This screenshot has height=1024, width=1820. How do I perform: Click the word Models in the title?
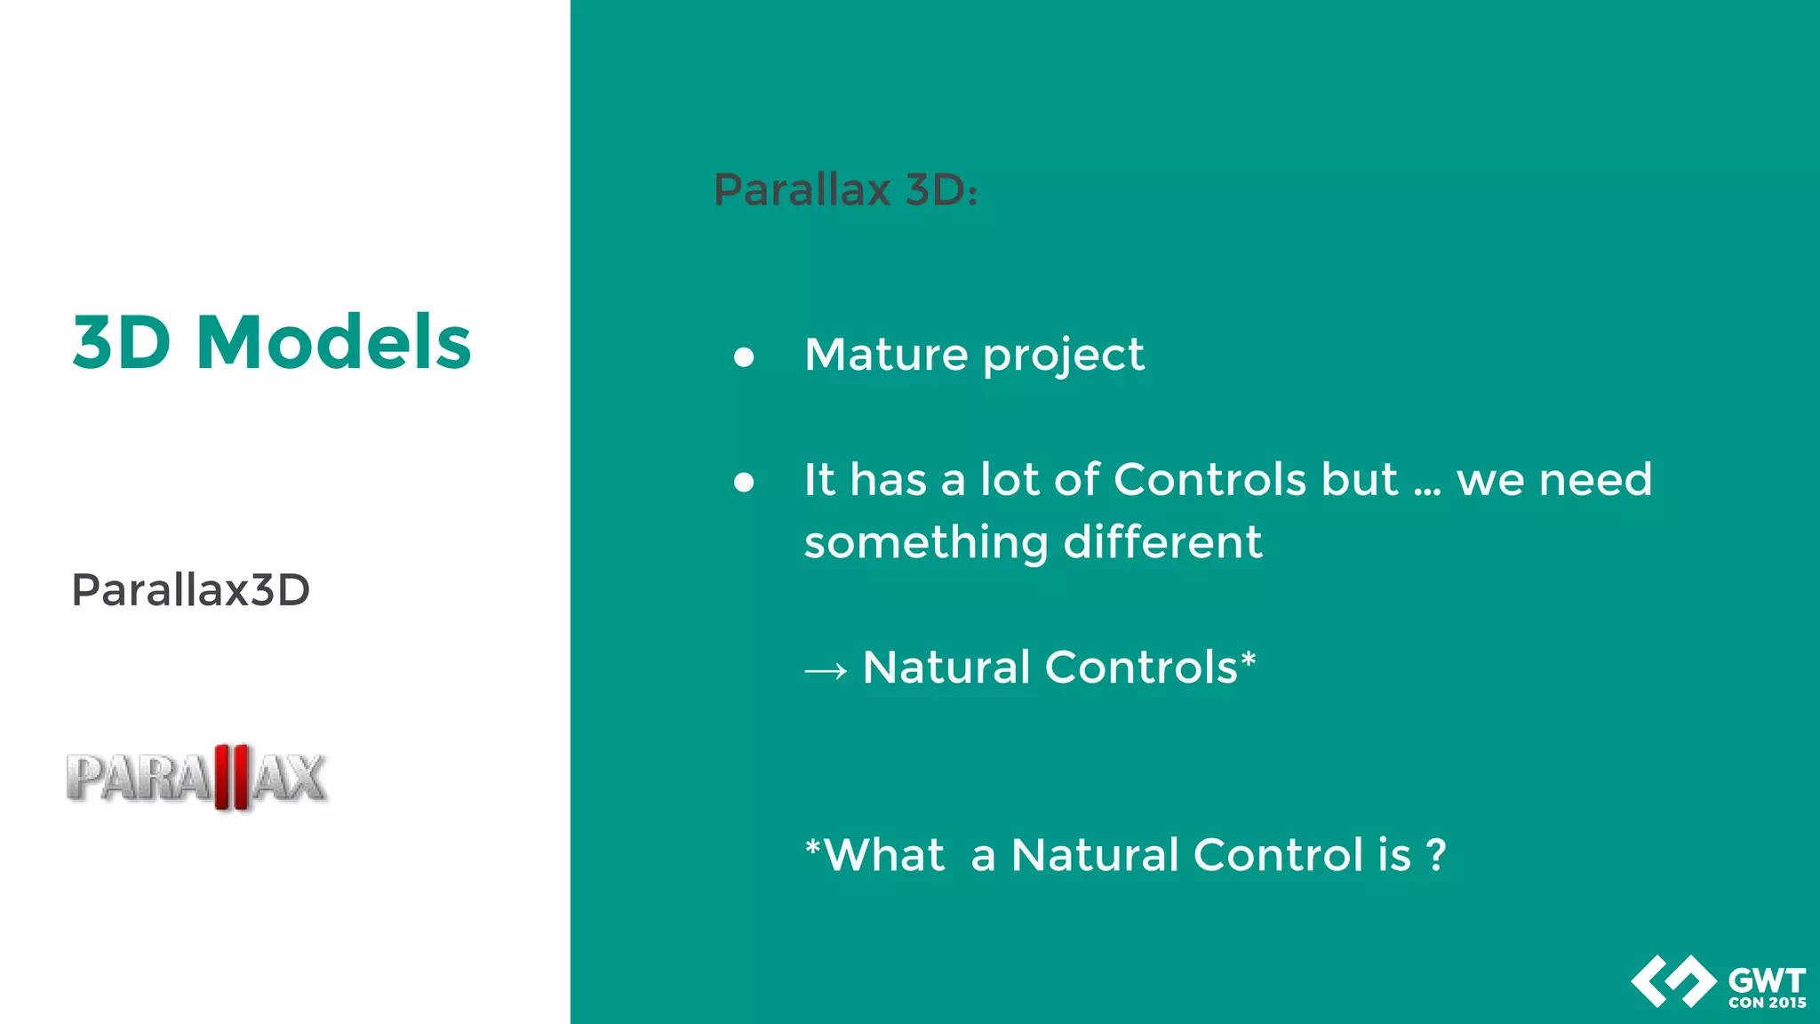click(333, 342)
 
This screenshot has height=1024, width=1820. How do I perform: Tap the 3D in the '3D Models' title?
click(121, 342)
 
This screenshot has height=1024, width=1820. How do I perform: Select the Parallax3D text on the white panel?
click(190, 590)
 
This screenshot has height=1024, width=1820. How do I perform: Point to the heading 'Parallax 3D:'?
click(845, 189)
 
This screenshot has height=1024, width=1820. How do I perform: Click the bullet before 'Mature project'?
click(744, 357)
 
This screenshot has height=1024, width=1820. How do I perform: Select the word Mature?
click(885, 355)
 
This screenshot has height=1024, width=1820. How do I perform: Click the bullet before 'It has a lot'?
click(744, 483)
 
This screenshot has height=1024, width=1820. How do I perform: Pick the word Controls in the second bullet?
click(1209, 480)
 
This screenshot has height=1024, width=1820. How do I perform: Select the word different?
click(1162, 542)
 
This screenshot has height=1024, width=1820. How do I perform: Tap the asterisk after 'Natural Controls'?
click(1248, 659)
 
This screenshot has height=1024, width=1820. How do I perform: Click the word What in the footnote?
click(884, 855)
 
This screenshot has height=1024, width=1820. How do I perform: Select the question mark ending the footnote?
click(1435, 855)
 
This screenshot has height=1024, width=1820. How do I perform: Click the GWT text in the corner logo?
click(1767, 980)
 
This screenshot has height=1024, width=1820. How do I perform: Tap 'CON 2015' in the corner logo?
click(1767, 1003)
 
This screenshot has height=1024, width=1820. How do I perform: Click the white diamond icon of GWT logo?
click(1673, 981)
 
